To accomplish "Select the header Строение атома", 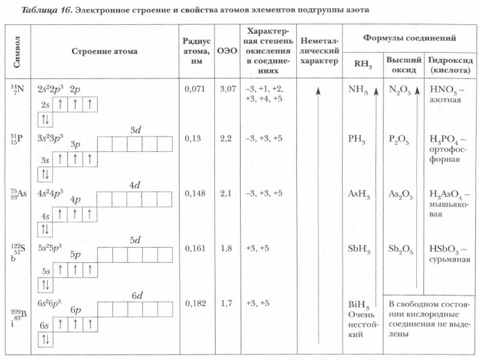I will pyautogui.click(x=104, y=51).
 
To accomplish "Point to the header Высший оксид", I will pyautogui.click(x=402, y=66).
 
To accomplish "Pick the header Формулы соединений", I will pyautogui.click(x=409, y=37).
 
